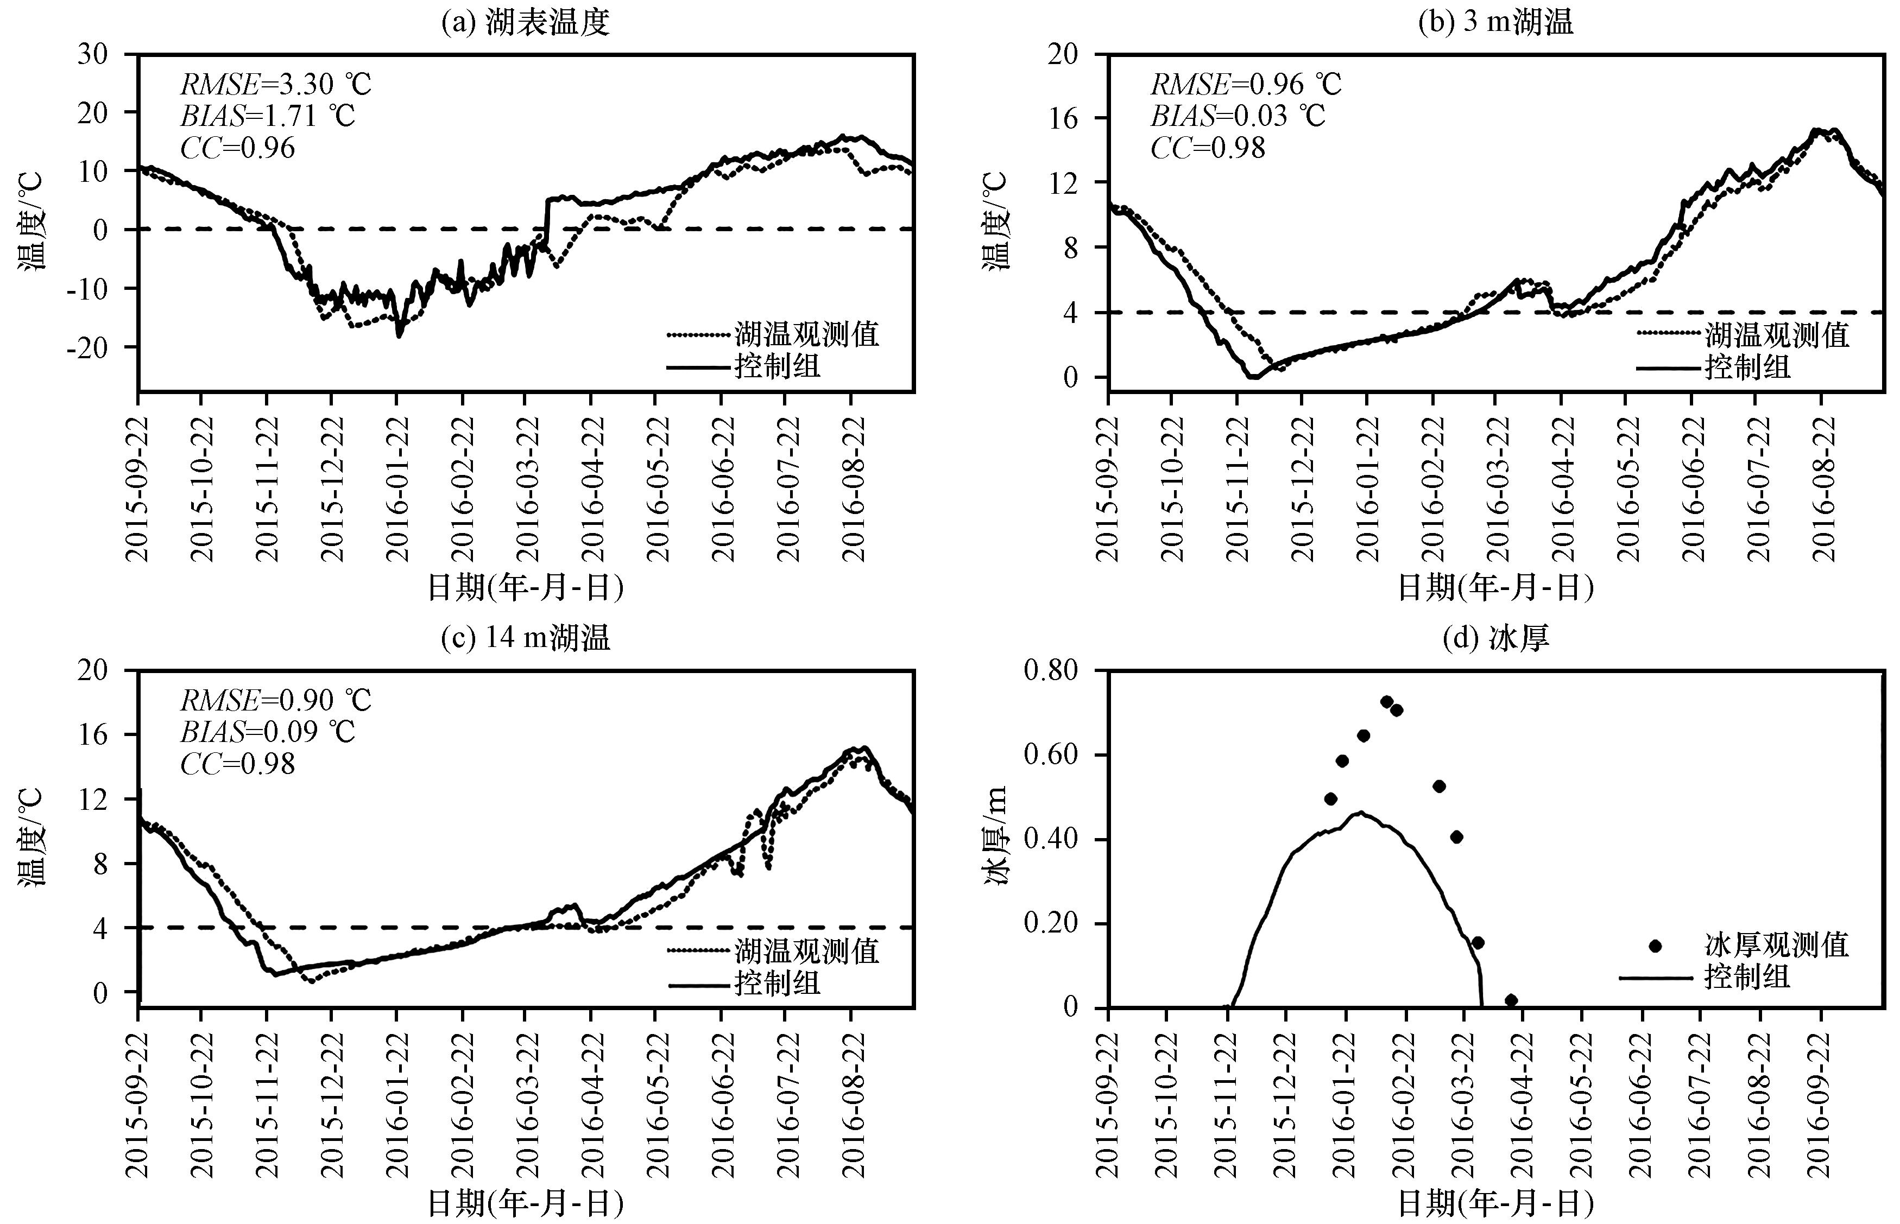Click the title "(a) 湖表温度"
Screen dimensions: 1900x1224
(526, 22)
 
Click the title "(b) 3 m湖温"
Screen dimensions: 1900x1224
(1495, 22)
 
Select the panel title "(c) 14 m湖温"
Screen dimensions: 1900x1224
(526, 637)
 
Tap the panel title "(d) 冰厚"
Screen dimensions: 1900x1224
(1495, 637)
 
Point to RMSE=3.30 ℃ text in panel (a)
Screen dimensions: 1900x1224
(276, 84)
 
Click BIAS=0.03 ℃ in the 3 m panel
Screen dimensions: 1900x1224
(1238, 116)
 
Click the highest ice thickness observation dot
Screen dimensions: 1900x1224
(1386, 702)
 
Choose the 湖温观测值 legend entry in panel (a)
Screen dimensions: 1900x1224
(773, 334)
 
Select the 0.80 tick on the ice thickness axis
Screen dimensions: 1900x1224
(1051, 670)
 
